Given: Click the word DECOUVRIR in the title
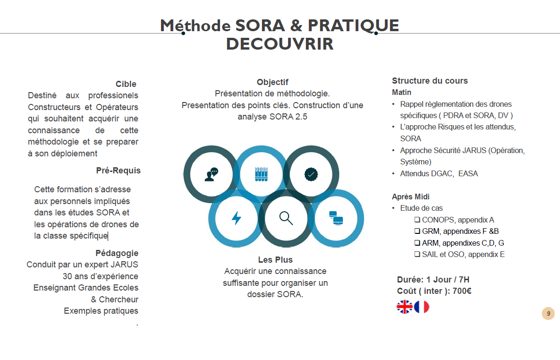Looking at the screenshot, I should click(280, 44).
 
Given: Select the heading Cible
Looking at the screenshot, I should click(126, 84).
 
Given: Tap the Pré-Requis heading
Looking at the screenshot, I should click(118, 171).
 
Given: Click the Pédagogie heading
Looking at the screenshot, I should click(117, 253).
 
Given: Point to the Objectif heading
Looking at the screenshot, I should click(272, 82).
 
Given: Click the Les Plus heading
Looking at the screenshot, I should click(275, 260).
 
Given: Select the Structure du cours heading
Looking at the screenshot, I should click(430, 81).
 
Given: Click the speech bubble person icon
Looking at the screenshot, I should click(212, 174).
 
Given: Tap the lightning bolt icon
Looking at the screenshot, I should click(237, 218).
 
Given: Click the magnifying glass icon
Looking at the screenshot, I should click(286, 218).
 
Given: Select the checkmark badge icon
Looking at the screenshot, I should click(311, 174).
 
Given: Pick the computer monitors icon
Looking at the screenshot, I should click(336, 218).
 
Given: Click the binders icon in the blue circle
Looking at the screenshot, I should click(261, 174).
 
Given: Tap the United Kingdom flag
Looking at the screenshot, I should click(404, 307).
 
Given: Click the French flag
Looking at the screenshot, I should click(422, 307).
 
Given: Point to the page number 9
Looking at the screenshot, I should click(548, 313).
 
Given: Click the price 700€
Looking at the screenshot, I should click(462, 291).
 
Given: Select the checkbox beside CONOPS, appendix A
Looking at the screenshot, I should click(417, 220).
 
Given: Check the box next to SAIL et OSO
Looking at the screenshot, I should click(417, 254).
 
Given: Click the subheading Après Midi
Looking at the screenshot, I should click(410, 197).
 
